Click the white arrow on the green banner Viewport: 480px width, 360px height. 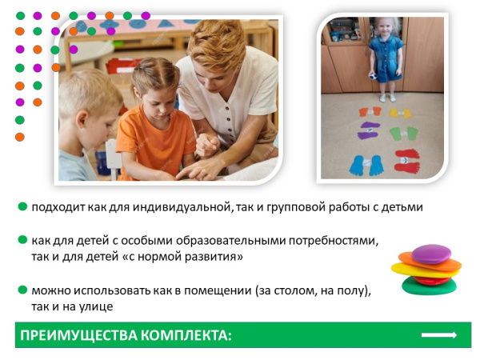pos(438,334)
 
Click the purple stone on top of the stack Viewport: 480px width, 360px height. pos(431,254)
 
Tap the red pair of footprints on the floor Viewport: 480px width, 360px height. pos(406,158)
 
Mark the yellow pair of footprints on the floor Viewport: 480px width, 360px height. pos(401,112)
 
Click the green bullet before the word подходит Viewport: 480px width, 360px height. pos(22,207)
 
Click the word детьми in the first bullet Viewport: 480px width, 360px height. pos(401,207)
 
